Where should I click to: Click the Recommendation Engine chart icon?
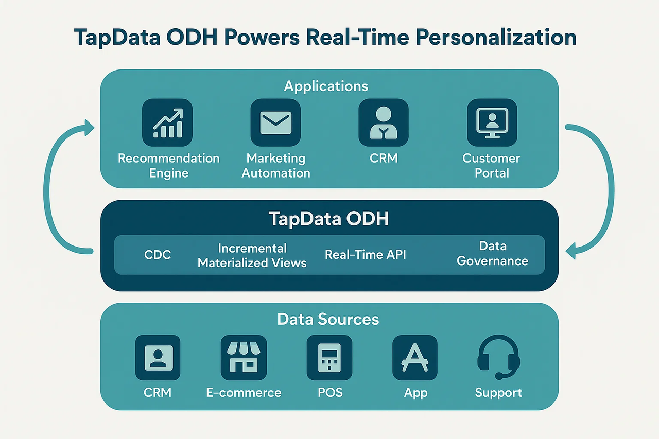pyautogui.click(x=167, y=122)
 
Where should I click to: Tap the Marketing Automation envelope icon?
pyautogui.click(x=275, y=122)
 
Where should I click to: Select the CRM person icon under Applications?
pyautogui.click(x=384, y=122)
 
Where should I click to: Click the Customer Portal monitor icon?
pyautogui.click(x=492, y=122)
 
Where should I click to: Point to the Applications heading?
pyautogui.click(x=326, y=86)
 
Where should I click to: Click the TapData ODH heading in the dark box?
pyautogui.click(x=328, y=219)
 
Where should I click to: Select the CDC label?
pyautogui.click(x=158, y=255)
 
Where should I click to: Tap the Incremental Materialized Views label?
pyautogui.click(x=252, y=255)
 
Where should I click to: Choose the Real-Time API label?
pyautogui.click(x=365, y=255)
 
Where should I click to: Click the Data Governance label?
pyautogui.click(x=493, y=253)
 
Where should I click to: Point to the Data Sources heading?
pyautogui.click(x=328, y=319)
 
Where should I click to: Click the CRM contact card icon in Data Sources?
pyautogui.click(x=158, y=358)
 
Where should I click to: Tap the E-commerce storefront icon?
pyautogui.click(x=244, y=358)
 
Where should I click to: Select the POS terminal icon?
pyautogui.click(x=329, y=358)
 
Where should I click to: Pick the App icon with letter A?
pyautogui.click(x=415, y=358)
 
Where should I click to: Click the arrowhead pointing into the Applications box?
pyautogui.click(x=89, y=128)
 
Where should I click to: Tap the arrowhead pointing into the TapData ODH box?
pyautogui.click(x=571, y=251)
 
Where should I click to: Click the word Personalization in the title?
pyautogui.click(x=496, y=38)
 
